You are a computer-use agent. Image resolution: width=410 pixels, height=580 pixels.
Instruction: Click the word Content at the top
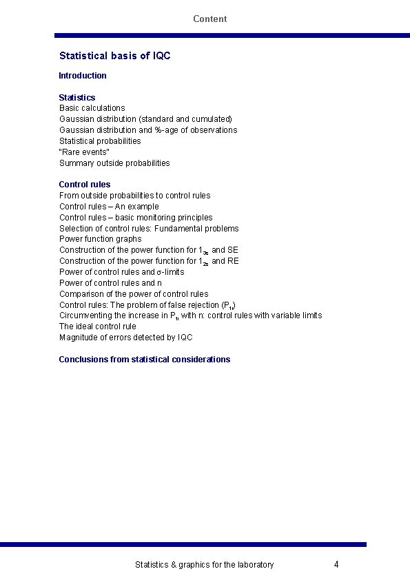pos(209,19)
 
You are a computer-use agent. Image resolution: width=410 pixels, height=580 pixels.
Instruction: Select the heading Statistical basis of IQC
pos(114,56)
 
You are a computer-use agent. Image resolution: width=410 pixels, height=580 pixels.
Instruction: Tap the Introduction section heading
pos(83,76)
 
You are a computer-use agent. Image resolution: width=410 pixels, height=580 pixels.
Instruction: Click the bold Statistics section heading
pos(77,97)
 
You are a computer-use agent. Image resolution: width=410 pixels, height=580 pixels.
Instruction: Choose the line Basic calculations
pos(92,108)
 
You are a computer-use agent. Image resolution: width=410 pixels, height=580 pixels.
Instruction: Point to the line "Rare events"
pos(84,152)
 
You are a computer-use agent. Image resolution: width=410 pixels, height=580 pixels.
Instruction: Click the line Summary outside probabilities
pos(114,163)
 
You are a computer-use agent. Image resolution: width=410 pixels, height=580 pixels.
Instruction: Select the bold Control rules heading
pos(85,185)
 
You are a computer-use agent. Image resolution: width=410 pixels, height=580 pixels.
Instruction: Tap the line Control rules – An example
pos(109,207)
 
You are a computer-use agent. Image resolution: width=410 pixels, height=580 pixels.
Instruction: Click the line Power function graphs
pos(101,239)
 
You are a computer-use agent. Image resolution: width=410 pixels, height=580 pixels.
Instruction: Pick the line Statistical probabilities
pos(100,141)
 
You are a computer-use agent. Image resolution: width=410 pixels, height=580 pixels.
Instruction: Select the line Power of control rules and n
pos(111,283)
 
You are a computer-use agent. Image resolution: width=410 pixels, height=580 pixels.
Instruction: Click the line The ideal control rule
pos(98,327)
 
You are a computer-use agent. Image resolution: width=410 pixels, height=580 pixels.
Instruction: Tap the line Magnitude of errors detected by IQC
pos(126,338)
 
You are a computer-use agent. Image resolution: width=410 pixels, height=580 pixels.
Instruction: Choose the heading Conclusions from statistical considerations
pos(145,360)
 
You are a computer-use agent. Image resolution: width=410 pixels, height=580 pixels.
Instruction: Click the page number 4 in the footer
pos(336,565)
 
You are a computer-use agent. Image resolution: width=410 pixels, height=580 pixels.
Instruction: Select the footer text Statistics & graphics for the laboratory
pos(204,565)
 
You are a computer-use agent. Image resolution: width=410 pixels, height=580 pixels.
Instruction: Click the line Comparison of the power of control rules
pos(134,294)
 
